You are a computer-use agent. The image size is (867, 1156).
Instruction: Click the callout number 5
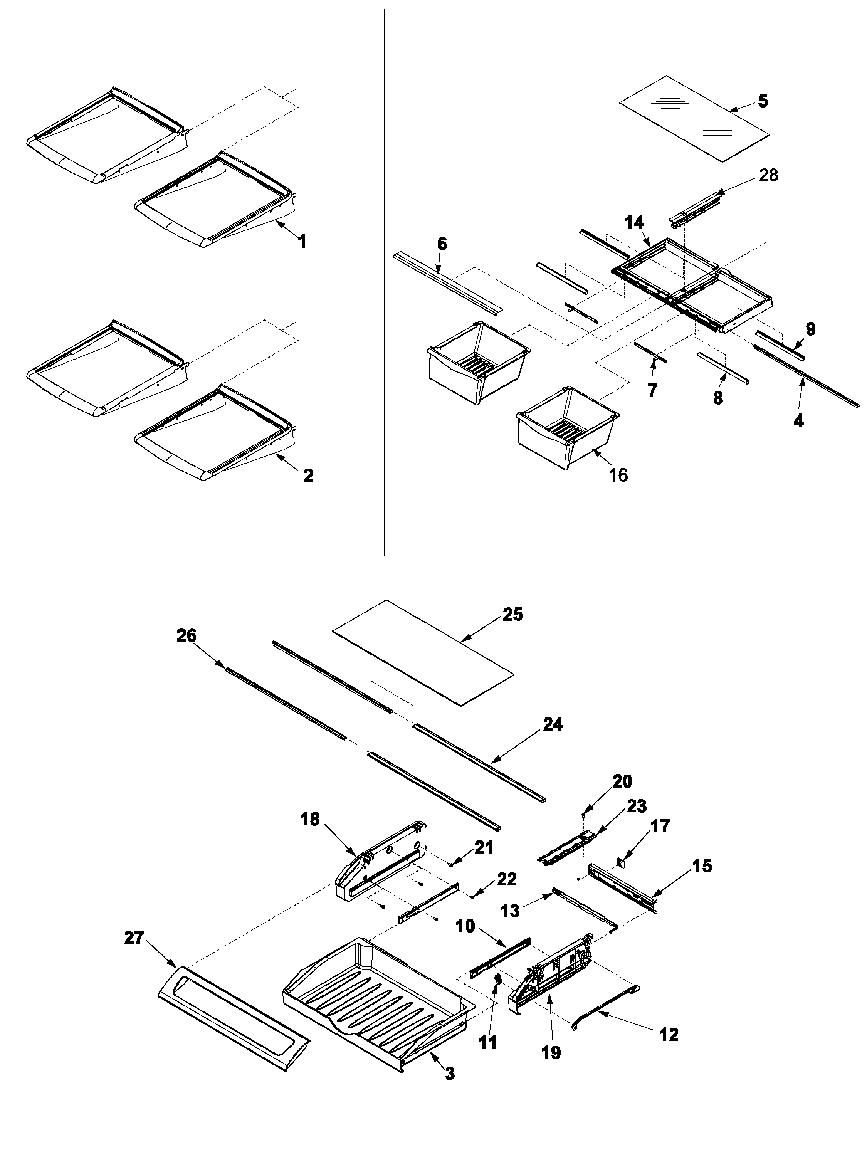(763, 101)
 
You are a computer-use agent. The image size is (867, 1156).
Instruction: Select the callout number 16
(618, 475)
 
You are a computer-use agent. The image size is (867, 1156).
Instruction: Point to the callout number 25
(512, 615)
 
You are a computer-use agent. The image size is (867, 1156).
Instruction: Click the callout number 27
(134, 938)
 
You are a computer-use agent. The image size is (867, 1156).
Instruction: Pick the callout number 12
(669, 1034)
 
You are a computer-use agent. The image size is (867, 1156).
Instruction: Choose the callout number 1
(302, 242)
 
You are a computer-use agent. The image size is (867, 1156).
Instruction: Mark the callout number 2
(308, 476)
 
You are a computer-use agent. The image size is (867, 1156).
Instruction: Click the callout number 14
(634, 223)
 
